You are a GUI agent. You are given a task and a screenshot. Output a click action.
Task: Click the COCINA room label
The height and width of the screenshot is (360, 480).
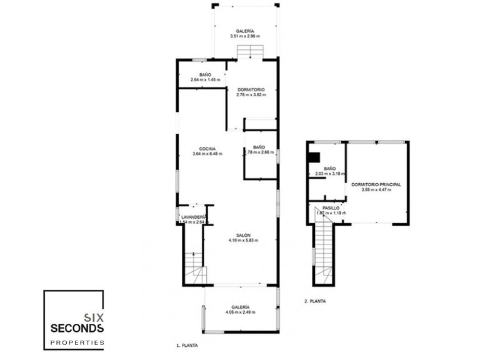(x=207, y=148)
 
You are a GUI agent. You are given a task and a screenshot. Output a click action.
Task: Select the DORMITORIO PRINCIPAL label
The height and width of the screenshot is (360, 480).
(x=376, y=185)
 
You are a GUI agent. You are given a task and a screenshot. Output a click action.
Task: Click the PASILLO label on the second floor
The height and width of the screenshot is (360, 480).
(x=331, y=207)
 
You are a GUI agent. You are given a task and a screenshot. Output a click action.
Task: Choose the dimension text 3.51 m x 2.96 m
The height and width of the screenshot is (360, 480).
(x=245, y=36)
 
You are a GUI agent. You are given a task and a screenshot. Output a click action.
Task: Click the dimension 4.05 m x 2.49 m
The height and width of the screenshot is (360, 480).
(x=241, y=312)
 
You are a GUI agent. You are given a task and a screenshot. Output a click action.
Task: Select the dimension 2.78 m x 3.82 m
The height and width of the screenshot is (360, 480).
(x=251, y=95)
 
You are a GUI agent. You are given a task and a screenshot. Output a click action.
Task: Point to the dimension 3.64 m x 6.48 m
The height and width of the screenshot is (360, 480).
(x=207, y=154)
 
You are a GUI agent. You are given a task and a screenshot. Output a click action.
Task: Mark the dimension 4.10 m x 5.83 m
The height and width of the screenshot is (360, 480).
(x=244, y=240)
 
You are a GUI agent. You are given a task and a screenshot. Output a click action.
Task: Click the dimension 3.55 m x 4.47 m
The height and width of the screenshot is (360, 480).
(x=376, y=191)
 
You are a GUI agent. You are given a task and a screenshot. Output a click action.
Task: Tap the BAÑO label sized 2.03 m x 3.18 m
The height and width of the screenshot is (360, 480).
(x=330, y=169)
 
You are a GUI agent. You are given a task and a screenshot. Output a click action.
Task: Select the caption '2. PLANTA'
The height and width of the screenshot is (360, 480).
(x=314, y=301)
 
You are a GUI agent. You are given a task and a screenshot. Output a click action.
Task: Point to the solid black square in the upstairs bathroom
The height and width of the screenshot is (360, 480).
(x=316, y=159)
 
